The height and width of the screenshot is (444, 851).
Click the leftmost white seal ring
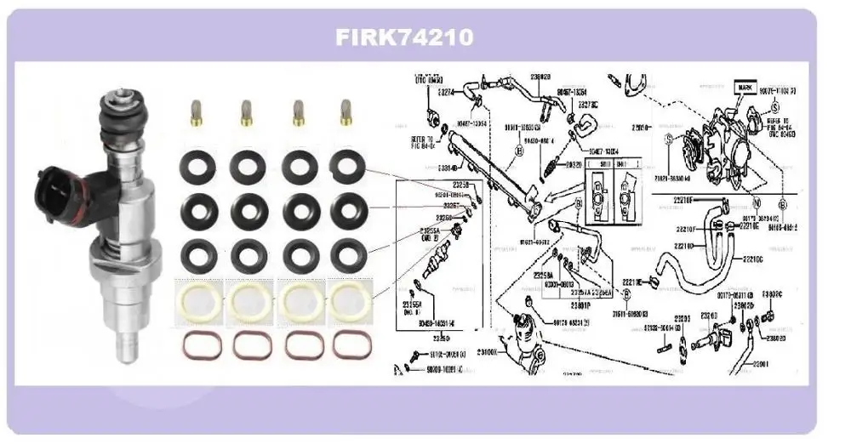(x=198, y=299)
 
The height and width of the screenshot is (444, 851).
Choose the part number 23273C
(x=589, y=105)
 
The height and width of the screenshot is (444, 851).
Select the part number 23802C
(x=773, y=295)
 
